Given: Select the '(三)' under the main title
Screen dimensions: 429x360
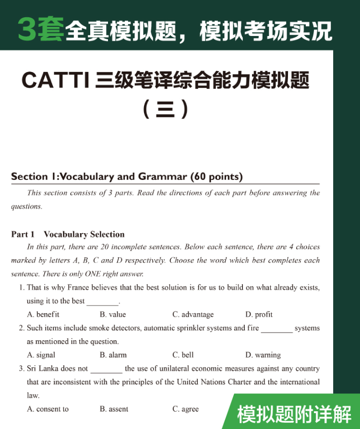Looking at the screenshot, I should coord(166,110).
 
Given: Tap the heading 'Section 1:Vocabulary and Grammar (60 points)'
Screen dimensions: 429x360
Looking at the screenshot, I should coord(127,177).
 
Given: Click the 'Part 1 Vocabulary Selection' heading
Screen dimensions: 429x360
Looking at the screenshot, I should coord(68,234).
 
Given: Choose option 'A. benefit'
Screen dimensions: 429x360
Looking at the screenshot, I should coord(43,314).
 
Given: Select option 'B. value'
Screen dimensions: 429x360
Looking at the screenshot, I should coord(113,314).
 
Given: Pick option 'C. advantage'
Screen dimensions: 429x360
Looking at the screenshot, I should coord(193,314).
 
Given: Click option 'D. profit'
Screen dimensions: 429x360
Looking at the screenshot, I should coord(259,314).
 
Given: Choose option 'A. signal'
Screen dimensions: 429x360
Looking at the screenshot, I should coord(41,355).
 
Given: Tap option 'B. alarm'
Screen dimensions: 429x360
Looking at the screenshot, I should coord(113,355).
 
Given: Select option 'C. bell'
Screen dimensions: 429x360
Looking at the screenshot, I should coord(183,355).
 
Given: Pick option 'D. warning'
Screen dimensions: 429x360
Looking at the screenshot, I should coord(263,355).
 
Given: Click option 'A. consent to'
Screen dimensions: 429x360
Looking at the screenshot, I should coord(48,409).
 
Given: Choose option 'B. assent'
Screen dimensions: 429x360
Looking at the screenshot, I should coord(114,409).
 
